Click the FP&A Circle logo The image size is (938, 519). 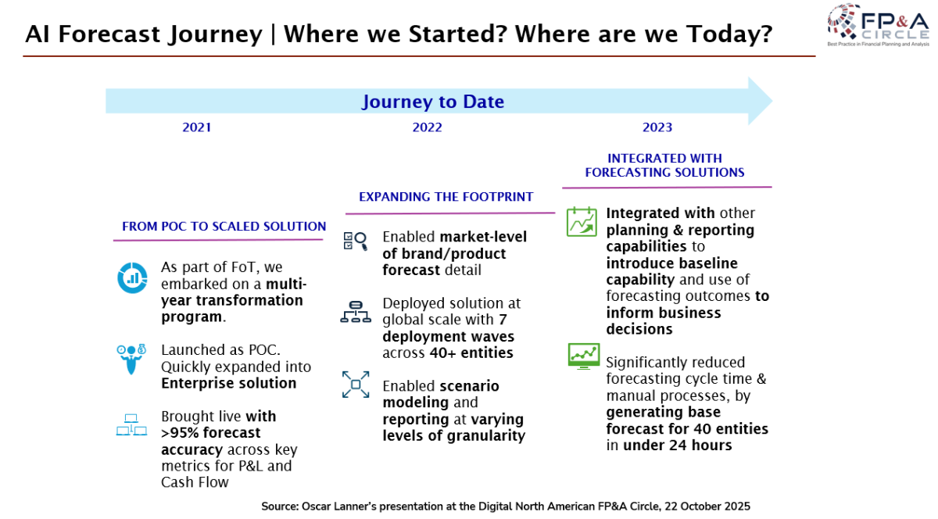point(878,25)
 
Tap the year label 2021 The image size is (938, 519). point(196,127)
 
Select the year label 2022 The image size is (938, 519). point(427,127)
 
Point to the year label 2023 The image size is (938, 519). point(657,127)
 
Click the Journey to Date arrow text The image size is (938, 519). point(433,102)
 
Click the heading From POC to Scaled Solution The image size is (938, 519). point(224,227)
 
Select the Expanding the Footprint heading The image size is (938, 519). point(446,197)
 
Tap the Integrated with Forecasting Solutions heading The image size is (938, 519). point(665,166)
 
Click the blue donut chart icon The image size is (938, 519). point(132,277)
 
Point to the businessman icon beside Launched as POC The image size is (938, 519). point(131,359)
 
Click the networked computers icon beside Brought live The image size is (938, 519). point(131,424)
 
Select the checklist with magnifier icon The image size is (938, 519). point(356,242)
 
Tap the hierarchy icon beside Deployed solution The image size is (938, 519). point(356,312)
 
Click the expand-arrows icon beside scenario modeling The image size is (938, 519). point(356,385)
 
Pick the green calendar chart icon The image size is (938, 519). point(582,221)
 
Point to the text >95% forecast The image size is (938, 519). point(210,433)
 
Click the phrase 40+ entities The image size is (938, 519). point(471,353)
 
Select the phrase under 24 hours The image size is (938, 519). point(678,446)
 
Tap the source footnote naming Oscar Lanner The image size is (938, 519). point(506,506)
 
